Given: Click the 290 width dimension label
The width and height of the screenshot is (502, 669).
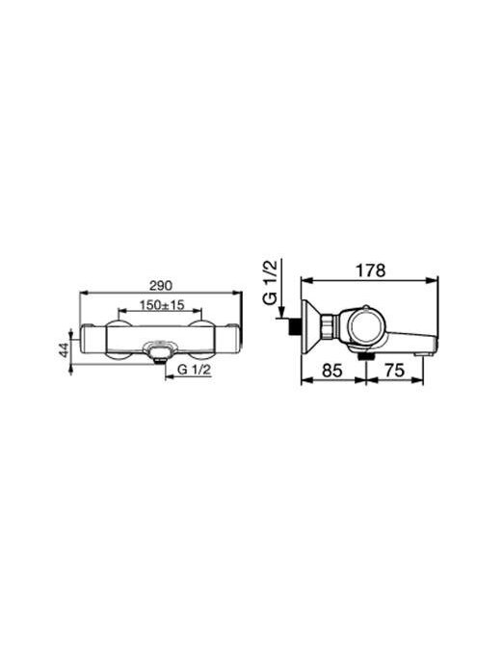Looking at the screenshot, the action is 162,286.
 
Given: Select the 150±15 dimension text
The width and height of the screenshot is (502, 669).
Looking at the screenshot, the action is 162,304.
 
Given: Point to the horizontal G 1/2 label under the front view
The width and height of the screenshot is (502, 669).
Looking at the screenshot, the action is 194,370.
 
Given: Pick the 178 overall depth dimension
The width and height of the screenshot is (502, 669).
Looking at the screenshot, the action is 370,270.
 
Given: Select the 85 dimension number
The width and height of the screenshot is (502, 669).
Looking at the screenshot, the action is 332,370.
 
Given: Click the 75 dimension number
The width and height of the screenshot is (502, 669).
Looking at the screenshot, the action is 394,370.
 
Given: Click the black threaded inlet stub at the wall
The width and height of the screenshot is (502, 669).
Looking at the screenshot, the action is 295,326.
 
